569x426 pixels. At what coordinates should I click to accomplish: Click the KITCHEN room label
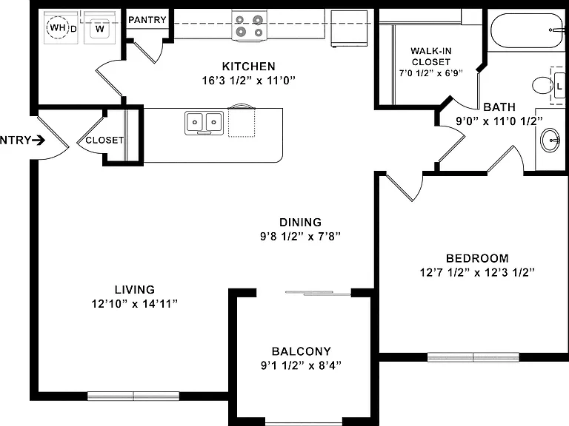[249, 67]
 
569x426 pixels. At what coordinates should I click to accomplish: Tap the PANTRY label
[147, 19]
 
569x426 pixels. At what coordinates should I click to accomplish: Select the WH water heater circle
[58, 27]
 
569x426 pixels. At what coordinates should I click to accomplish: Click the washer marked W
[100, 28]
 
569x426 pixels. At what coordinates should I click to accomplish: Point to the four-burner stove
[249, 25]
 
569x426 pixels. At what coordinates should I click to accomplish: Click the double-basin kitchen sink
[204, 124]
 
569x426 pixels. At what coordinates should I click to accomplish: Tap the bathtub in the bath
[526, 30]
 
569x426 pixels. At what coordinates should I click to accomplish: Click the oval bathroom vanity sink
[550, 140]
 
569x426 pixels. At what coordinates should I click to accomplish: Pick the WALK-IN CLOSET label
[430, 56]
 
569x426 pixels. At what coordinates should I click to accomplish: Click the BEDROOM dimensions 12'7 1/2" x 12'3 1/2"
[477, 272]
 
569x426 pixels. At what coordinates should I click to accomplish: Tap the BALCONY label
[302, 351]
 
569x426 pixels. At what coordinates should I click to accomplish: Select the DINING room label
[301, 222]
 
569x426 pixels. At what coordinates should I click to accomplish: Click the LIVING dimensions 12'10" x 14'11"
[135, 303]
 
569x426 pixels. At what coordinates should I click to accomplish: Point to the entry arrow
[38, 140]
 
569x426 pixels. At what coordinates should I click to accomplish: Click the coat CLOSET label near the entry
[104, 140]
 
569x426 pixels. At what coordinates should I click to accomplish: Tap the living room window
[133, 396]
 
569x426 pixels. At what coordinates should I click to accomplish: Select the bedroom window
[473, 357]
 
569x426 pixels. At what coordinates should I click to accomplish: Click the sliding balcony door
[318, 293]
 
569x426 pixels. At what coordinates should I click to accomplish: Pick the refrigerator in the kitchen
[349, 28]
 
